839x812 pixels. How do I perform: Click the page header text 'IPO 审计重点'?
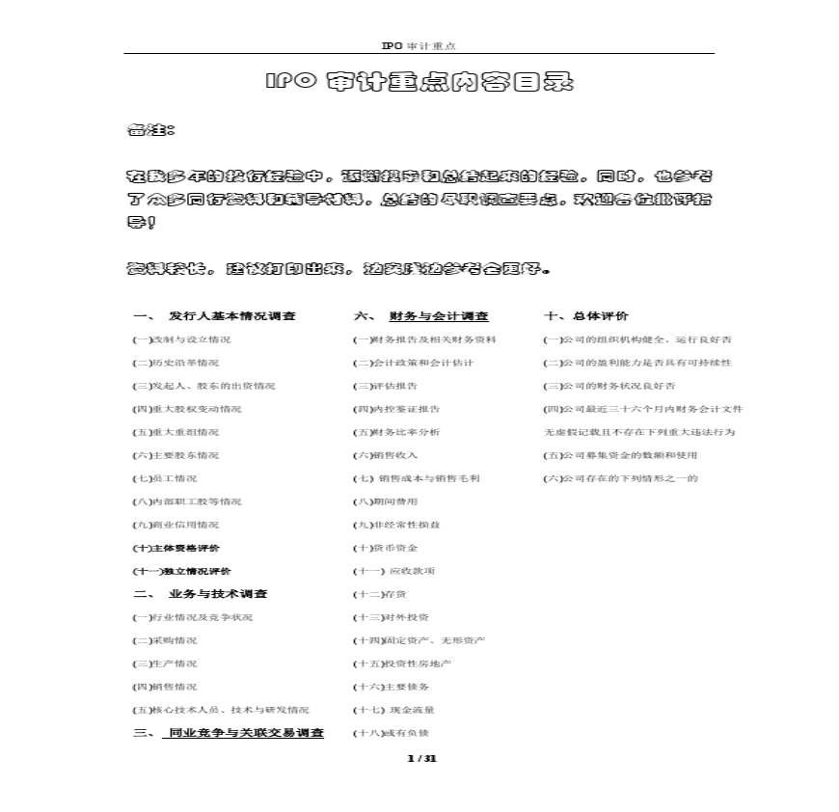point(419,45)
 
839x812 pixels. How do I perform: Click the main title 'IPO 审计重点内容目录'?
point(419,82)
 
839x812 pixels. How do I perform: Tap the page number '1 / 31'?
point(422,759)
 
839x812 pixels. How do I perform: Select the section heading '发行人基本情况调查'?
point(231,316)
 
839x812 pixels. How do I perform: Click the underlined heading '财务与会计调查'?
point(439,316)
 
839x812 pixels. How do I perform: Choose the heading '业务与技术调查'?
point(218,594)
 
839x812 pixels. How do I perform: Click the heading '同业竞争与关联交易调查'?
point(246,733)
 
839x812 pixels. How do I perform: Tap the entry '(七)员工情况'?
point(164,478)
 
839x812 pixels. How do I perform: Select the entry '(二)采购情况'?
point(164,640)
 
